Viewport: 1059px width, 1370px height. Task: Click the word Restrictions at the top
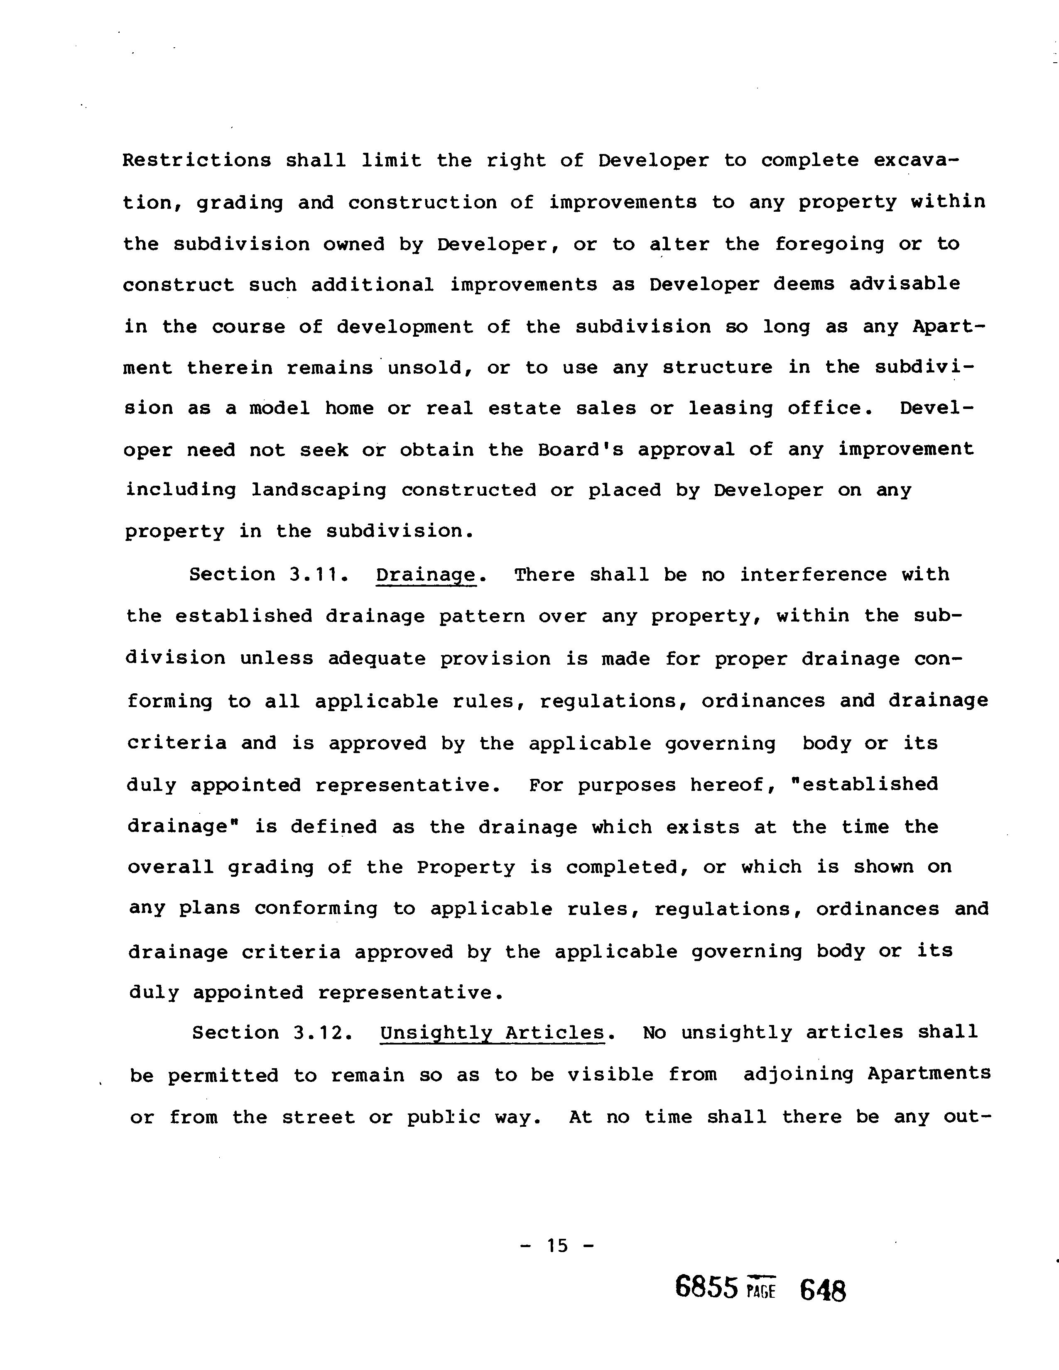click(196, 161)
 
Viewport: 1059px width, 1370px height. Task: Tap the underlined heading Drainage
click(425, 576)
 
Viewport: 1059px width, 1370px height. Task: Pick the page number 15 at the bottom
click(557, 1246)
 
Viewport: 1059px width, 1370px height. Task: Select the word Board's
click(580, 450)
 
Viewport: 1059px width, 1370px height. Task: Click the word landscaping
click(319, 491)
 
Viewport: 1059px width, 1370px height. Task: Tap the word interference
click(813, 575)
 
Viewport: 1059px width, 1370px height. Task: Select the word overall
click(171, 868)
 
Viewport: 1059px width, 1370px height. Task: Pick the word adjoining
click(799, 1074)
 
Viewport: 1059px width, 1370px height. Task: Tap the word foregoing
click(829, 244)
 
